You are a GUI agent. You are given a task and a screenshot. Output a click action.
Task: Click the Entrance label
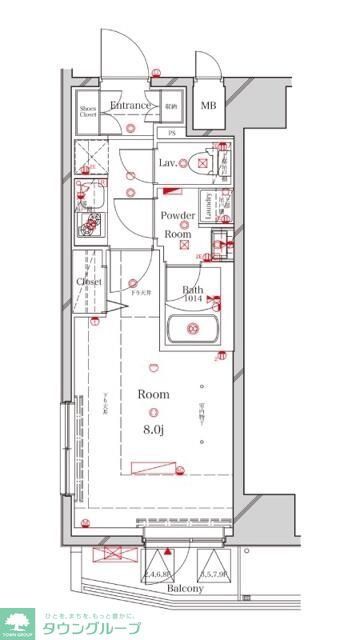click(130, 105)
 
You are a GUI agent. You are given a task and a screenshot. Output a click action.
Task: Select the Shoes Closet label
click(89, 110)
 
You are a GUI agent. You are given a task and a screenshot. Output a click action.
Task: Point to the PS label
click(171, 132)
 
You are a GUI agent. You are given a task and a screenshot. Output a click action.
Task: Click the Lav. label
click(168, 162)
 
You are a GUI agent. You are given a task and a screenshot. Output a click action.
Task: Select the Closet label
click(89, 282)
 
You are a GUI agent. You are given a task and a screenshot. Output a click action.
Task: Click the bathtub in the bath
click(194, 330)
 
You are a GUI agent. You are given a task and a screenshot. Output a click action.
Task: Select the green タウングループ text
click(90, 629)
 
